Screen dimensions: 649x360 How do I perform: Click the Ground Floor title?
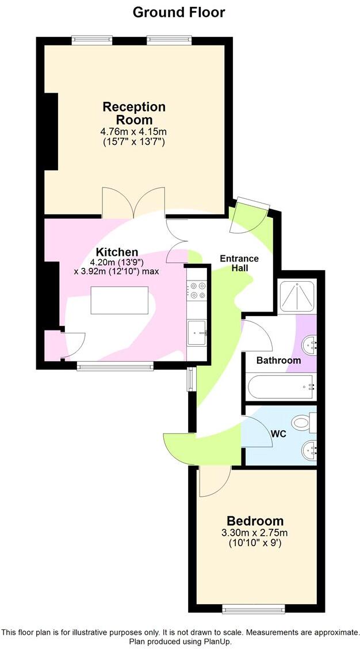[x=179, y=11]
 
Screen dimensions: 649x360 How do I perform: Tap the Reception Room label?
[x=134, y=113]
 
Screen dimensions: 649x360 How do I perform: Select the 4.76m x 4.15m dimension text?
[x=133, y=132]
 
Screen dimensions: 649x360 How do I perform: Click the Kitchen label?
[x=117, y=252]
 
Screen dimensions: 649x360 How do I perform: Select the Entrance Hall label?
[x=239, y=264]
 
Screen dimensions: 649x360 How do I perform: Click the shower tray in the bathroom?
[x=296, y=297]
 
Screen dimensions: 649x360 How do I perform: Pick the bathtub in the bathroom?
[x=281, y=387]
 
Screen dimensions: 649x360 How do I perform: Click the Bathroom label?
[x=278, y=360]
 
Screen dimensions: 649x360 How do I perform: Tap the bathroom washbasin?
[x=311, y=345]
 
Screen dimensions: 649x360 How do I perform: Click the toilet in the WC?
[x=303, y=424]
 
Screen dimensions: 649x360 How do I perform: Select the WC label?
[x=278, y=434]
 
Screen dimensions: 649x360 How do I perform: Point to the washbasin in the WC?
[x=311, y=450]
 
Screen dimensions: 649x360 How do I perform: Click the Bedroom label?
[x=255, y=521]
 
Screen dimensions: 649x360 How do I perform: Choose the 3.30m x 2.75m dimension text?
[x=255, y=532]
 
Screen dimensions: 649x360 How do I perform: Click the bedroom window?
[x=254, y=608]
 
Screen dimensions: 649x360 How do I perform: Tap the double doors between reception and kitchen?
[x=133, y=202]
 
